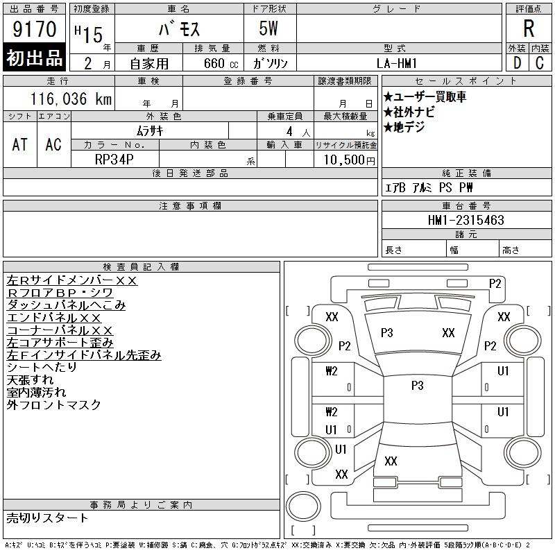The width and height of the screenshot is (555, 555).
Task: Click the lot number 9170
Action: point(35,31)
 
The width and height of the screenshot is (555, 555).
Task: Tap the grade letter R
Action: point(529,29)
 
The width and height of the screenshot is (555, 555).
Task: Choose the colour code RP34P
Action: point(114,159)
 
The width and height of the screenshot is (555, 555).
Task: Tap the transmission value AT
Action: point(20,144)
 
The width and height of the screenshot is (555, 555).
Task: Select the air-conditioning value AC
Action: point(53,144)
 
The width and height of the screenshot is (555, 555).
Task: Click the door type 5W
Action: point(269,30)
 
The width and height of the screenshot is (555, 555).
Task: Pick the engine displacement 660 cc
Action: point(216,63)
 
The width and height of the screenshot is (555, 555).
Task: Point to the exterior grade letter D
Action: point(517,62)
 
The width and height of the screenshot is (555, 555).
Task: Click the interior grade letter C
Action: point(540,62)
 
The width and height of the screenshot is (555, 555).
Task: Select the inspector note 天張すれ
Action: point(30,380)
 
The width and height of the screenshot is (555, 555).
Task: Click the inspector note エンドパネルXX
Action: point(53,318)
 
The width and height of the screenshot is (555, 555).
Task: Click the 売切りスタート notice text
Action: point(47,518)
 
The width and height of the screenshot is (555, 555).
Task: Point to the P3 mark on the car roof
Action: point(416,386)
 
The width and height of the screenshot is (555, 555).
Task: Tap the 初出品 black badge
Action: point(34,58)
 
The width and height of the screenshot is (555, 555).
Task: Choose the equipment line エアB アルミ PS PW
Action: point(428,188)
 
